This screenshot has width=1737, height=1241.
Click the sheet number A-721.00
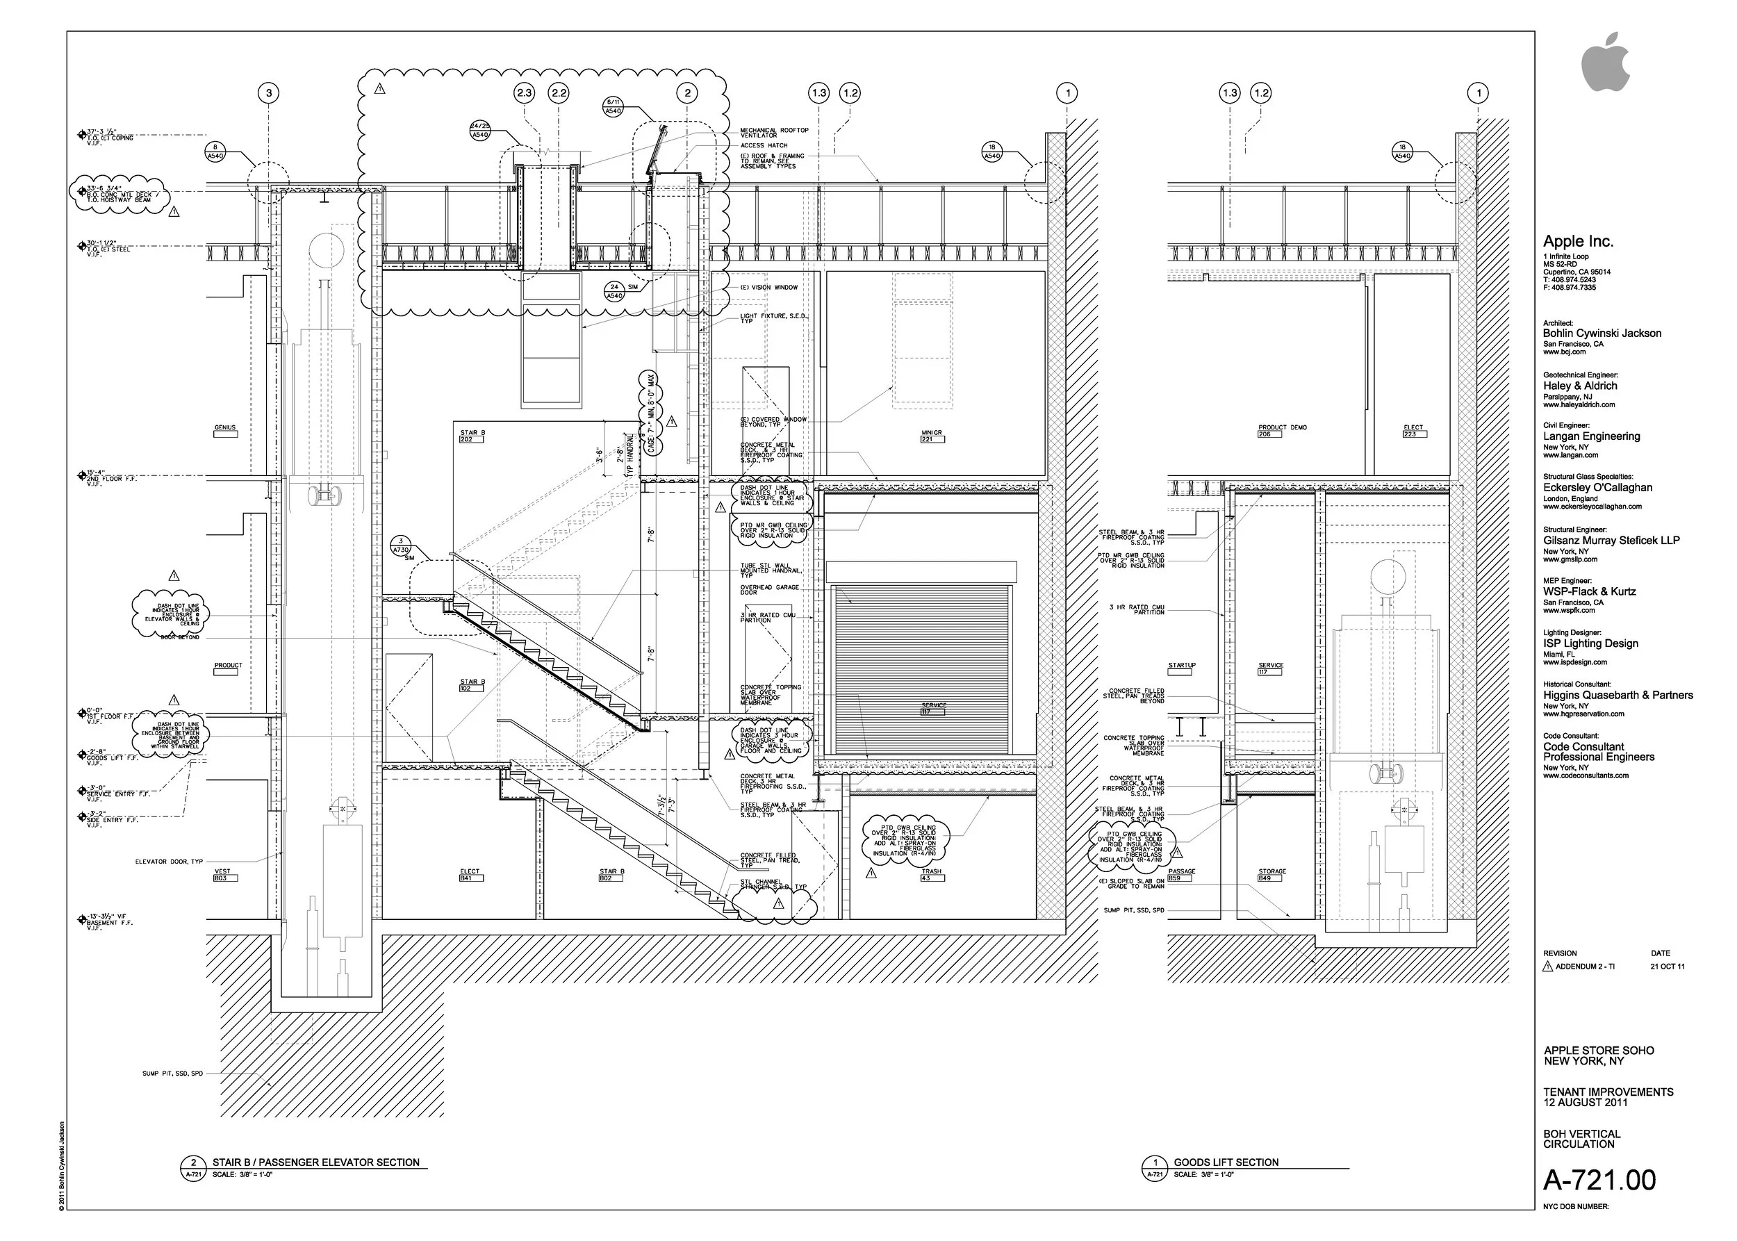click(1599, 1179)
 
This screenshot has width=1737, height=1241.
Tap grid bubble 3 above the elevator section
click(268, 93)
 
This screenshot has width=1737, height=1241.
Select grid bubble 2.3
click(525, 93)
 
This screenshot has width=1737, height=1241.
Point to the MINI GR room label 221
click(932, 436)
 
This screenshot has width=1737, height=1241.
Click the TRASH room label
click(931, 873)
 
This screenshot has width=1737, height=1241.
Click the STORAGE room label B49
click(1271, 873)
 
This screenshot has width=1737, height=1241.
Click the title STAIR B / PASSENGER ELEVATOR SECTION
click(315, 1162)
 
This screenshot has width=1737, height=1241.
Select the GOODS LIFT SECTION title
click(1226, 1162)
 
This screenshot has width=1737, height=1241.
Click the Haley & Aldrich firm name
click(1579, 386)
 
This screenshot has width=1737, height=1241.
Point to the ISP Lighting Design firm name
click(1590, 643)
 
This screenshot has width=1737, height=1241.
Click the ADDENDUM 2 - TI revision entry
click(1585, 967)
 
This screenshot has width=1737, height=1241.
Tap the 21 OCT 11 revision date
click(1667, 967)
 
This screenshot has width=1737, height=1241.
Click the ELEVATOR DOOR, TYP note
click(169, 861)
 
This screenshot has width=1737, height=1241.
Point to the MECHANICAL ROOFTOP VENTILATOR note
click(773, 132)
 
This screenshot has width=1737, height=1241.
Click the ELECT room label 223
click(1413, 430)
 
